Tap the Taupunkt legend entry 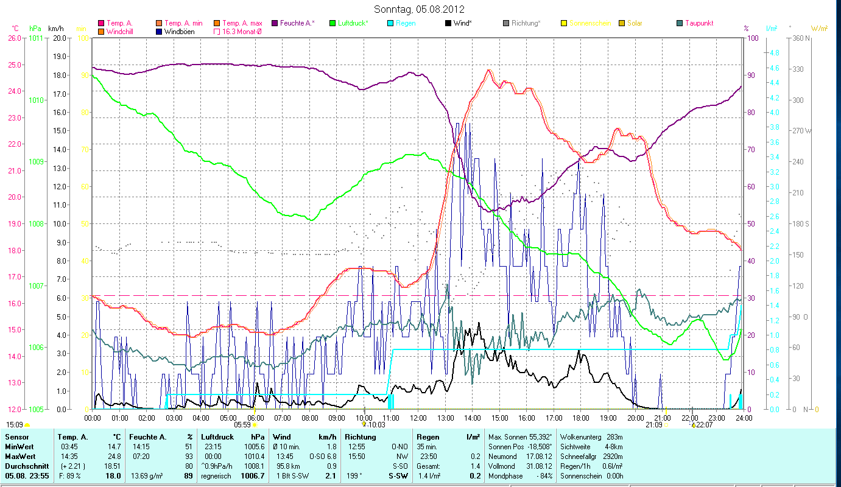coord(698,23)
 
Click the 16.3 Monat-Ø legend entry coord(243,32)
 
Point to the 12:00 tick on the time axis coord(418,418)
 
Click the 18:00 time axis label coord(581,418)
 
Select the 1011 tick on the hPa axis coord(35,38)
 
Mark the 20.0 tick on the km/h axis coord(59,38)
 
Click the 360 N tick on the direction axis coord(800,38)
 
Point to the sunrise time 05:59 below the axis coord(242,425)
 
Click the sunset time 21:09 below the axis coord(653,425)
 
